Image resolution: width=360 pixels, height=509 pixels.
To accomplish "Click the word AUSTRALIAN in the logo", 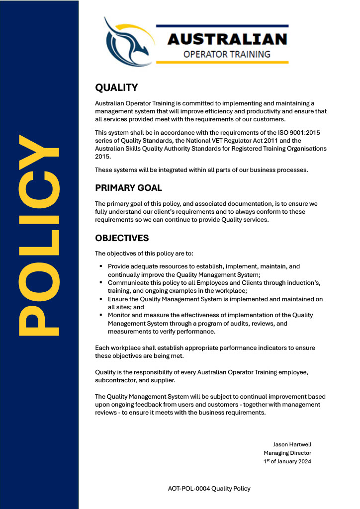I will point(227,39).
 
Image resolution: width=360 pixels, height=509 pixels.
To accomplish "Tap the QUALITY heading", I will point(116,88).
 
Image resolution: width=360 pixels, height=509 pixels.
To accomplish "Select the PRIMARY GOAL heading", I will point(128,188).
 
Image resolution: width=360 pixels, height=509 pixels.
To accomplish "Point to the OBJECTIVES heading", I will point(122,238).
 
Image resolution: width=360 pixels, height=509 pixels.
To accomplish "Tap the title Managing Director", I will point(287,453).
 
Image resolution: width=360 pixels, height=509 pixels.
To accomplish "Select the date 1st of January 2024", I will point(287,461).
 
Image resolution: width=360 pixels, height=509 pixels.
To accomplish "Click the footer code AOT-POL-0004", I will point(188,489).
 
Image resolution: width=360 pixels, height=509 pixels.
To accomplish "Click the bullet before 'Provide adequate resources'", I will point(101,266).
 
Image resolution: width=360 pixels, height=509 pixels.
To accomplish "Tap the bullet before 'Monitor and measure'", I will point(101,315).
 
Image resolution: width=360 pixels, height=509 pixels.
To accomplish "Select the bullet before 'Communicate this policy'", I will point(101,282).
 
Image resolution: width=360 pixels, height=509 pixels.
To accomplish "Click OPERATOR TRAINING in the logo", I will point(227,54).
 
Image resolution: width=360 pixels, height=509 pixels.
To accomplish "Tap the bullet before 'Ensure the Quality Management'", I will point(101,299).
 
